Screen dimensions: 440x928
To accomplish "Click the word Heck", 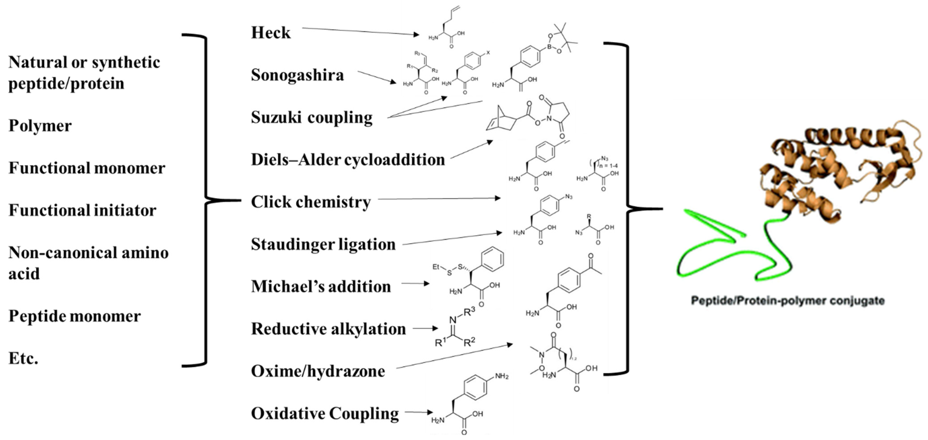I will point(271,33).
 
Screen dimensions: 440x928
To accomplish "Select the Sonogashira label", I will point(297,75).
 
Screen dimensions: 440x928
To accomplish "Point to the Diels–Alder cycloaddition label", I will point(348,160).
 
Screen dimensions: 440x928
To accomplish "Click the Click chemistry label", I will point(311,202).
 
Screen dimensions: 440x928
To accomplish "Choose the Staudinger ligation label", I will point(323,244).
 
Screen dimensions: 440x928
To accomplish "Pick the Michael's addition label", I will point(321,287).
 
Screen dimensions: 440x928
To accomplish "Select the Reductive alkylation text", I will point(328,329).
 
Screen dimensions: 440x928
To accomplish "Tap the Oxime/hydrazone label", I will point(318,371).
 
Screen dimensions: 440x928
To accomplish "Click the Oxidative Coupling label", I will point(325,413).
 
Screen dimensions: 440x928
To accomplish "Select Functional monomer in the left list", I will point(87,168).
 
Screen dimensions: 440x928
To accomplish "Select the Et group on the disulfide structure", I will point(436,267).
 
